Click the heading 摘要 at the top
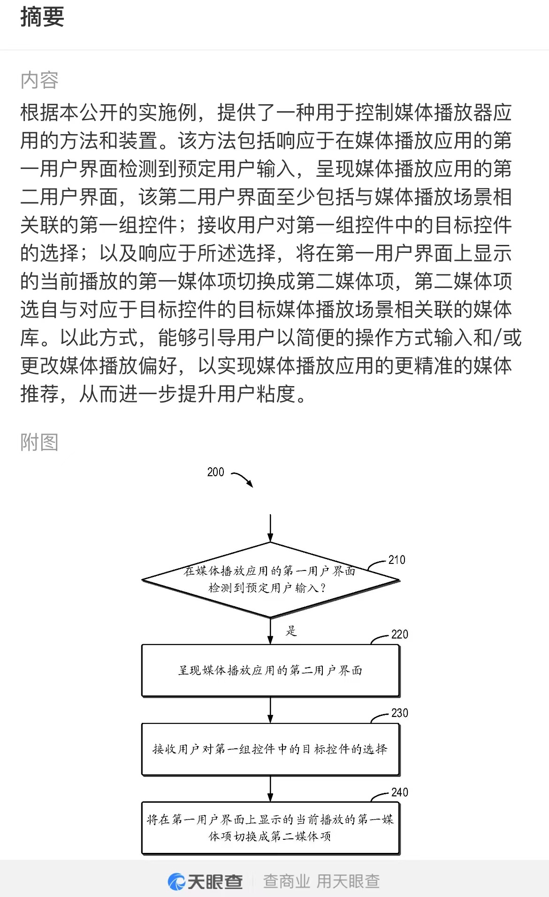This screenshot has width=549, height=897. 42,17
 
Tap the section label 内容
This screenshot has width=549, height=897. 39,80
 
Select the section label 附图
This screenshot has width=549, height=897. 39,442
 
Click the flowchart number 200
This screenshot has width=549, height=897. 215,472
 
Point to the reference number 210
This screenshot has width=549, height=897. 396,560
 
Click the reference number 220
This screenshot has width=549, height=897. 399,634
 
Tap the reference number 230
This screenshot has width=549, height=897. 399,713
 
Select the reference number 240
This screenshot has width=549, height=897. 399,792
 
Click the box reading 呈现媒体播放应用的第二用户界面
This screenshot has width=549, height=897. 270,670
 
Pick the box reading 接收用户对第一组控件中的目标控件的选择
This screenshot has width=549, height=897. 270,749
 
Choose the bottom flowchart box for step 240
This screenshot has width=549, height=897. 270,828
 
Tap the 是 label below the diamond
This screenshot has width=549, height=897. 291,631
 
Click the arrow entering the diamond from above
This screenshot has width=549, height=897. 270,528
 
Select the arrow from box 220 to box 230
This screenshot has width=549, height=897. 270,710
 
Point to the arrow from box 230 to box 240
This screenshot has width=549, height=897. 270,789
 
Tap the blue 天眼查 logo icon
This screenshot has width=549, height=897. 177,882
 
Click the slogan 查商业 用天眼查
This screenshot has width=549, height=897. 321,882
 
